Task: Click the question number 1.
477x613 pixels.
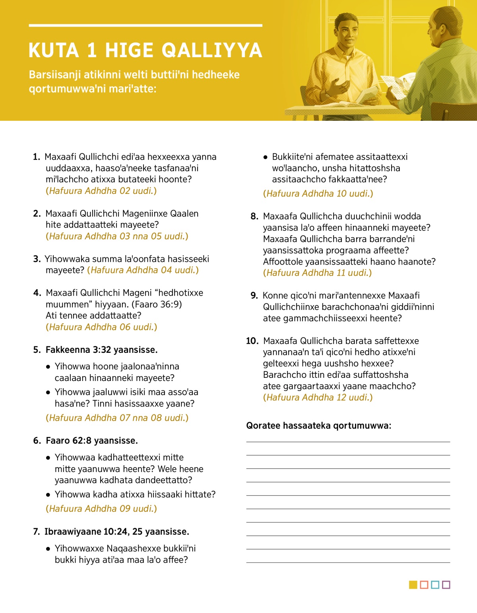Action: (36, 157)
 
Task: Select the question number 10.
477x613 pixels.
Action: (252, 341)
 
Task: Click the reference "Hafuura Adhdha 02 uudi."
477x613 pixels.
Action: (101, 191)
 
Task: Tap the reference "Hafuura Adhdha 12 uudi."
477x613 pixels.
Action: (318, 397)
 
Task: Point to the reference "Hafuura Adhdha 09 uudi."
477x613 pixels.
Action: (101, 509)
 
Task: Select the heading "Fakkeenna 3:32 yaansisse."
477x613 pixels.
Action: (101, 350)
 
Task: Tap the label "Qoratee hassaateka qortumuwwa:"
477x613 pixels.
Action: (318, 425)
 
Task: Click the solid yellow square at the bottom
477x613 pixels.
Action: (413, 585)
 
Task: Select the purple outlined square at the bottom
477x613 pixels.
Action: (446, 585)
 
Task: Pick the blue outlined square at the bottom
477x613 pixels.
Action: (435, 585)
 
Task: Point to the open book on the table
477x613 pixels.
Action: (350, 104)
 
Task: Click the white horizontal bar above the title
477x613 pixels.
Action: (145, 25)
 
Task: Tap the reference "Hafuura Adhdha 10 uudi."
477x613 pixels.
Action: (318, 193)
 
